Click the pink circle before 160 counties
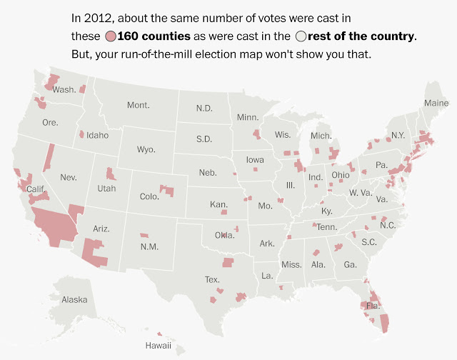(111, 36)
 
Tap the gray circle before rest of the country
(301, 36)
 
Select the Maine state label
(436, 103)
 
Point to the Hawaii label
(159, 346)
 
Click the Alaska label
(74, 300)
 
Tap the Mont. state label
(139, 105)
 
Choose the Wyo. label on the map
(146, 149)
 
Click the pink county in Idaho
(82, 134)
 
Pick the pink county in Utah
(111, 174)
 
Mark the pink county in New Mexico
(144, 235)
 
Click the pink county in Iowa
(256, 169)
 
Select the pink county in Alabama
(316, 252)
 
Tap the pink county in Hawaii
(159, 334)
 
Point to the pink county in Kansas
(224, 212)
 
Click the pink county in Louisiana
(281, 288)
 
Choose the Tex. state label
(213, 280)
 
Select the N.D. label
(204, 109)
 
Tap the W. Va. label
(361, 193)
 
